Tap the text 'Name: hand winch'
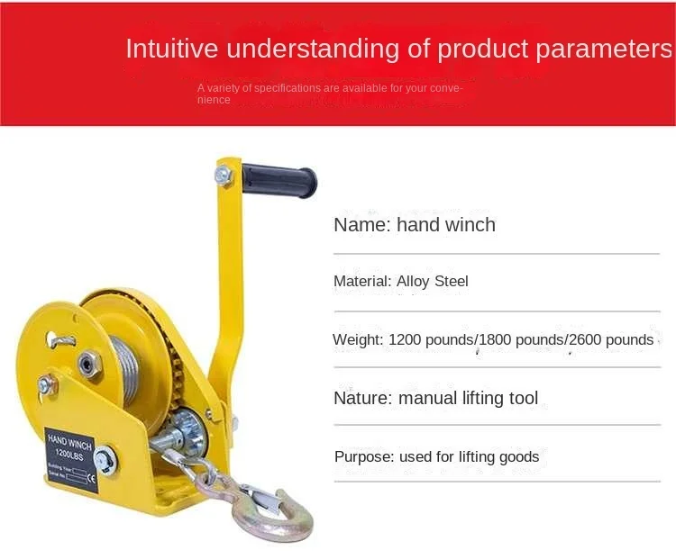point(415,225)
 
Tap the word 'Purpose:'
point(364,457)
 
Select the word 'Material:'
point(363,282)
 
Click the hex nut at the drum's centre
point(88,364)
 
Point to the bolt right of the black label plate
point(105,460)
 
